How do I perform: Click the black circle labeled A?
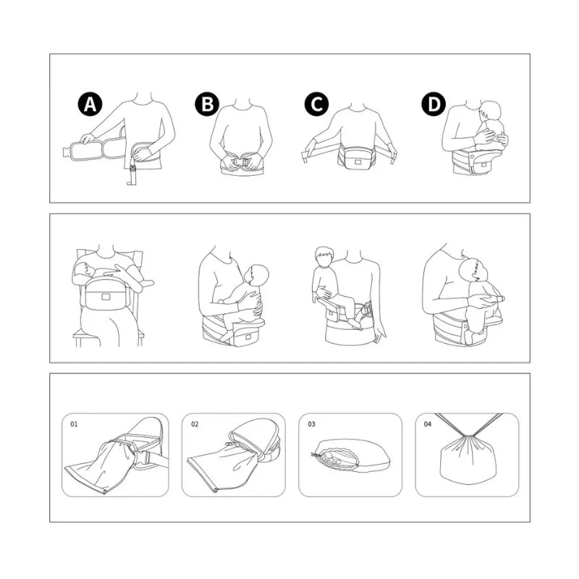coord(90,104)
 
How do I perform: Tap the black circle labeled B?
coord(207,104)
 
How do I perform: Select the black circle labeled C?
coord(317,104)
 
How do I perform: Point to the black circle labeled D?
coord(434,104)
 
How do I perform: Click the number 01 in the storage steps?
coord(75,424)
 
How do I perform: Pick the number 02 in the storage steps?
coord(195,424)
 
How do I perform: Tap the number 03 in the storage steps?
coord(312,424)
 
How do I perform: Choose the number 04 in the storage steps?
coord(428,424)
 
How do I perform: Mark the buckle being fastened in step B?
coord(242,163)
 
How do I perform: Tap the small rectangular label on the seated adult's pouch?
coord(106,296)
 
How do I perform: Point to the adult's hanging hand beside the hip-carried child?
coord(379,335)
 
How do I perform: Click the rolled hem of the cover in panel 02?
coord(201,476)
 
